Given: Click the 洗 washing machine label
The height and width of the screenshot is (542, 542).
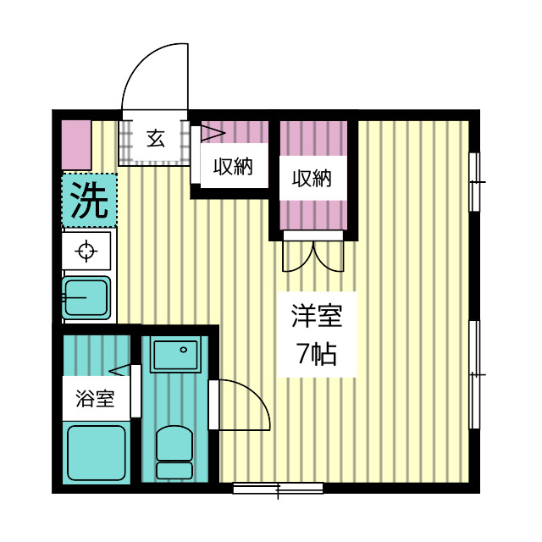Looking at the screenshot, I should tap(88, 200).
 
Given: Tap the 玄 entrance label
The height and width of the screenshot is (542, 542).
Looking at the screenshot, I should tap(156, 138).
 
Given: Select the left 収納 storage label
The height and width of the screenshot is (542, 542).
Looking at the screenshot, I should tap(232, 167).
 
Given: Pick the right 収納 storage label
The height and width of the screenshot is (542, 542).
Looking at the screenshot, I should tap(312, 179).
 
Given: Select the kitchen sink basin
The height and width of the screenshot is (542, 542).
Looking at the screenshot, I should tap(86, 296).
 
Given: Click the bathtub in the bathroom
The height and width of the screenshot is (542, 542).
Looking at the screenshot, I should tap(96, 452).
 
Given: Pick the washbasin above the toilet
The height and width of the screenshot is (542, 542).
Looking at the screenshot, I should tap(175, 354).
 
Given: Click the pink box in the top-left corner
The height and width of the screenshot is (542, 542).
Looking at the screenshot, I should tap(76, 144).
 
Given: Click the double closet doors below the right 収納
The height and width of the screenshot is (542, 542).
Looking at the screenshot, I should tap(313, 255).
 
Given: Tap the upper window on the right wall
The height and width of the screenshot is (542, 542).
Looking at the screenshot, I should tap(476, 180).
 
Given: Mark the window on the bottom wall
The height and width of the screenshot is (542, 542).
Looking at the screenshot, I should tap(278, 488).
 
